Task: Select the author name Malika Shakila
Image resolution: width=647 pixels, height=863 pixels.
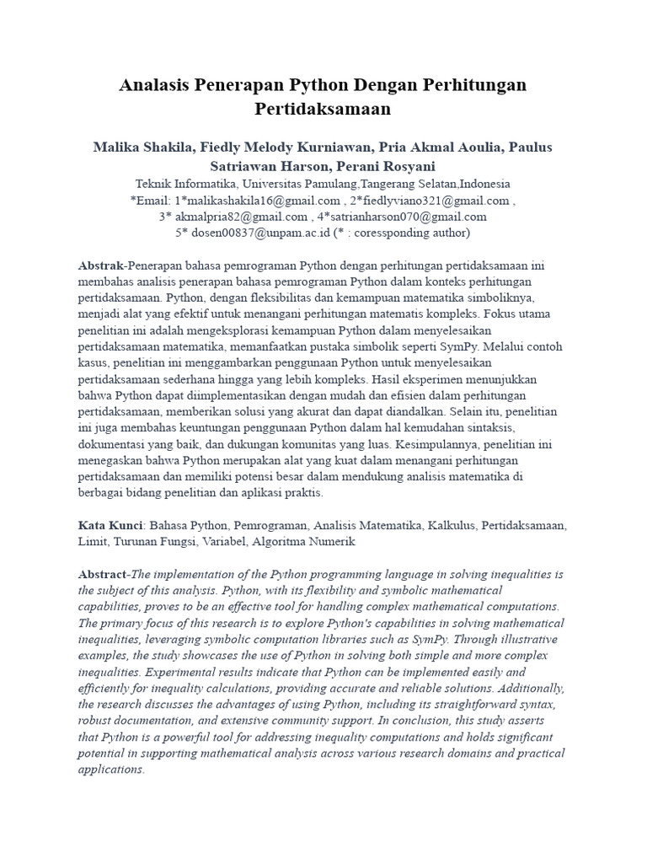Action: tap(141, 147)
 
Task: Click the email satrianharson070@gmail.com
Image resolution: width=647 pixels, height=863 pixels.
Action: tap(409, 217)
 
